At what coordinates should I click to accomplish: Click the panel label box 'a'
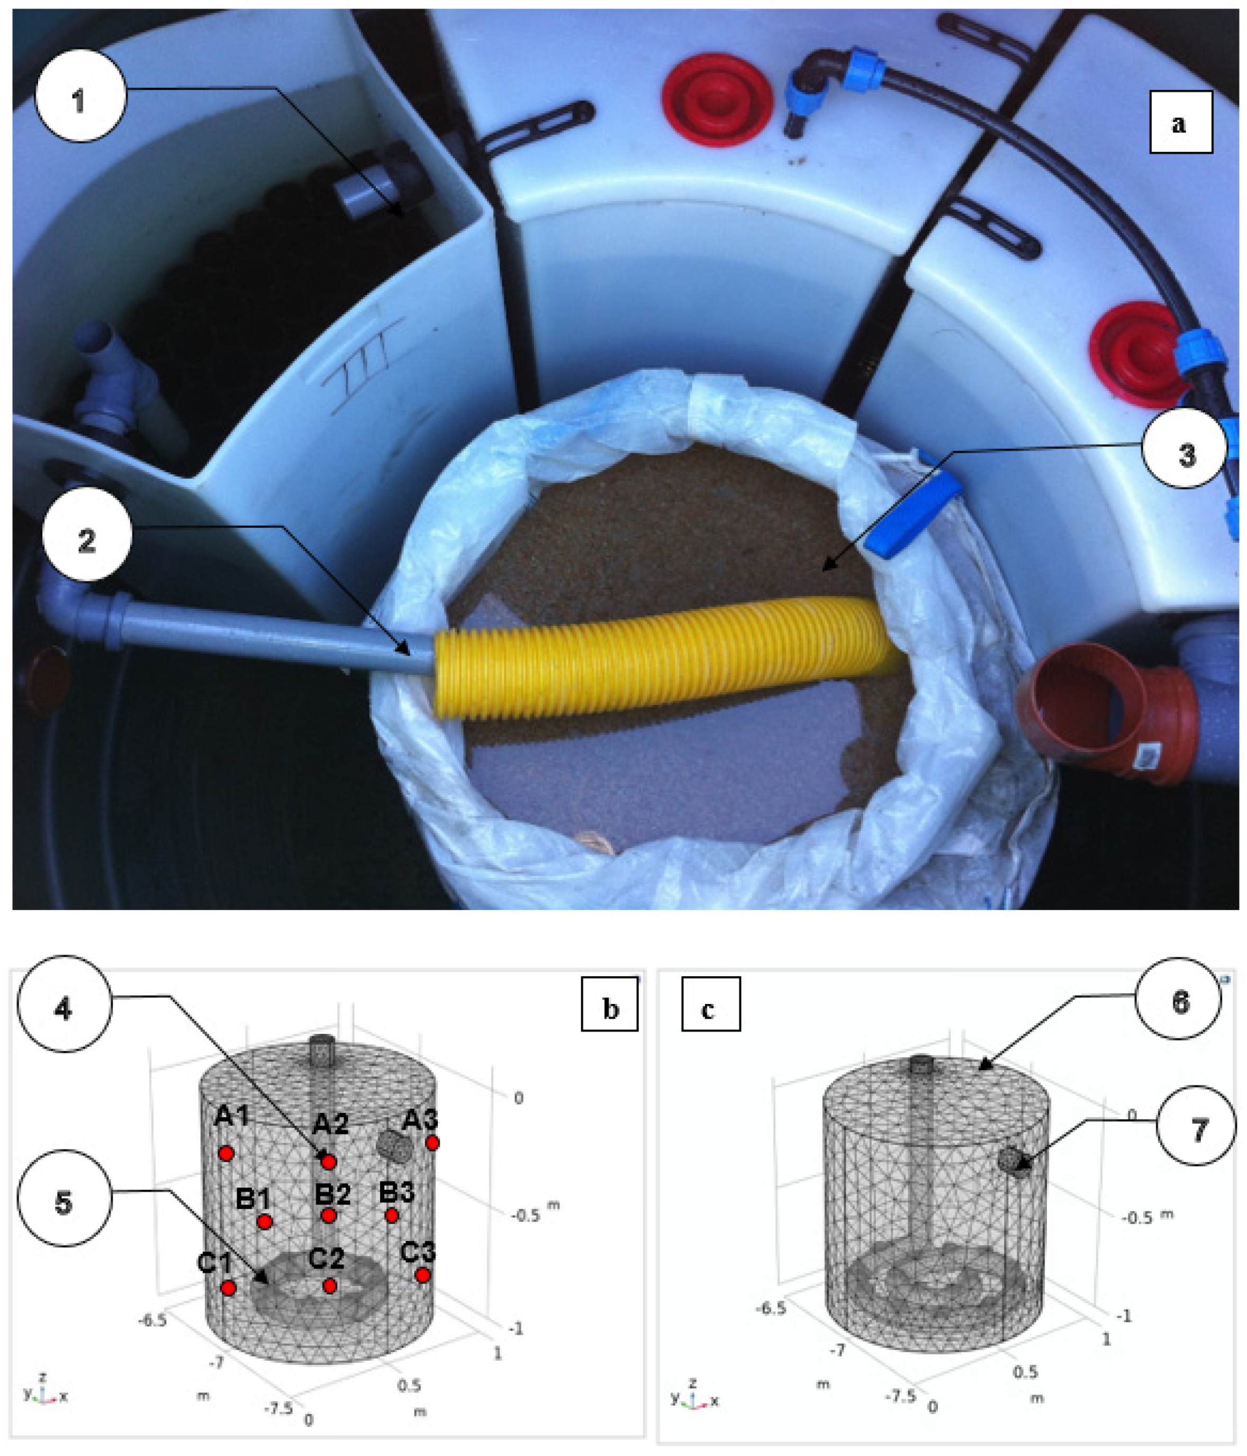pyautogui.click(x=1180, y=122)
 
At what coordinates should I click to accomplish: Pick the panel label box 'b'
pyautogui.click(x=610, y=1009)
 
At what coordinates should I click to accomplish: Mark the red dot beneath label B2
pyautogui.click(x=328, y=1215)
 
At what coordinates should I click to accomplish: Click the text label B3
pyautogui.click(x=396, y=1192)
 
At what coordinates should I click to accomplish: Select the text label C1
pyautogui.click(x=214, y=1262)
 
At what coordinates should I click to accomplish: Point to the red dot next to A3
pyautogui.click(x=432, y=1143)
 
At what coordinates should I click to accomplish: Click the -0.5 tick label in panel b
pyautogui.click(x=526, y=1215)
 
